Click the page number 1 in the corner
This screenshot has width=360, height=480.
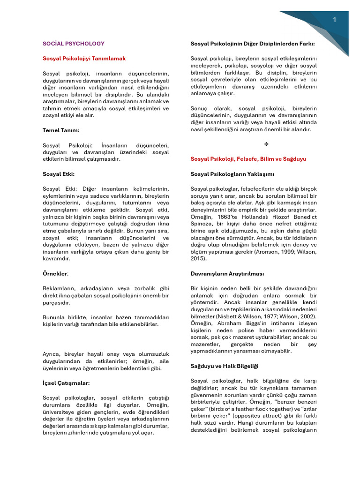click(335, 19)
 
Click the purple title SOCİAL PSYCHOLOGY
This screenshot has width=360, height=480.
click(73, 44)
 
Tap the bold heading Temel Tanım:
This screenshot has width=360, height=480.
click(61, 130)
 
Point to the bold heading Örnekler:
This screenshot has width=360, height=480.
click(55, 273)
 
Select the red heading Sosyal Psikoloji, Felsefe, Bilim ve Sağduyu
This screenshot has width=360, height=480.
click(248, 159)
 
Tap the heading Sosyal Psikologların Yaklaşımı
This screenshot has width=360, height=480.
click(232, 174)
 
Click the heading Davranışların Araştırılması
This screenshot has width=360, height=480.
click(227, 273)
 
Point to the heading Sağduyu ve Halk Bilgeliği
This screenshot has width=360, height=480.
click(225, 366)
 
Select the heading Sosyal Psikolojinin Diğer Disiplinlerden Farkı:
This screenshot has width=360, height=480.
click(253, 44)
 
